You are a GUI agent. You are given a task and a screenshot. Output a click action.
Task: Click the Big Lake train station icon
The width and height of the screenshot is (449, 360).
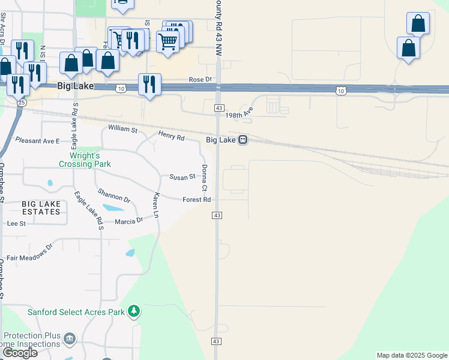click(243, 140)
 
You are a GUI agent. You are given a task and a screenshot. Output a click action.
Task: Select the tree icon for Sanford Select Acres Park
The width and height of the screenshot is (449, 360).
click(134, 311)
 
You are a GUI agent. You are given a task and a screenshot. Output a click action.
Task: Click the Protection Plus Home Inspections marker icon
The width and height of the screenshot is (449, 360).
click(70, 339)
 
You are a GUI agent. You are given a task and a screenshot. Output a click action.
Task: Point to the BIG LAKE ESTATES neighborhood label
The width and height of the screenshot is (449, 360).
click(41, 208)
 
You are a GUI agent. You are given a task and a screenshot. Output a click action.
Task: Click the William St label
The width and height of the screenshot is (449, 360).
click(122, 129)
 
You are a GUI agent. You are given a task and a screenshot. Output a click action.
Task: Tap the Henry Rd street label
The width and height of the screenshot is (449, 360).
click(170, 136)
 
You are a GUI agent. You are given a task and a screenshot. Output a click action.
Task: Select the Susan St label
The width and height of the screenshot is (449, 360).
click(182, 177)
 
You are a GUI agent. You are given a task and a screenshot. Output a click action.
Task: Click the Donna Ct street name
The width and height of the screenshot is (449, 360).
click(204, 178)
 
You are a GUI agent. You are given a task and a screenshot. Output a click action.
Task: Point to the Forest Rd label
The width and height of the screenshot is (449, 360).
click(196, 200)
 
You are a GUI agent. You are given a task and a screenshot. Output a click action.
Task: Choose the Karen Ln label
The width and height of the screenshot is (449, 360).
click(155, 205)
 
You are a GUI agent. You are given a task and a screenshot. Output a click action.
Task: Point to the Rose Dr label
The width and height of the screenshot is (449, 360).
click(200, 79)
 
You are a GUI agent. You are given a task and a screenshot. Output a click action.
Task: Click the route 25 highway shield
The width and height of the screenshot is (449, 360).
click(22, 103)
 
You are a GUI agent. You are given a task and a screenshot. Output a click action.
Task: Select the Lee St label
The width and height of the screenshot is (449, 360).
click(16, 223)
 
